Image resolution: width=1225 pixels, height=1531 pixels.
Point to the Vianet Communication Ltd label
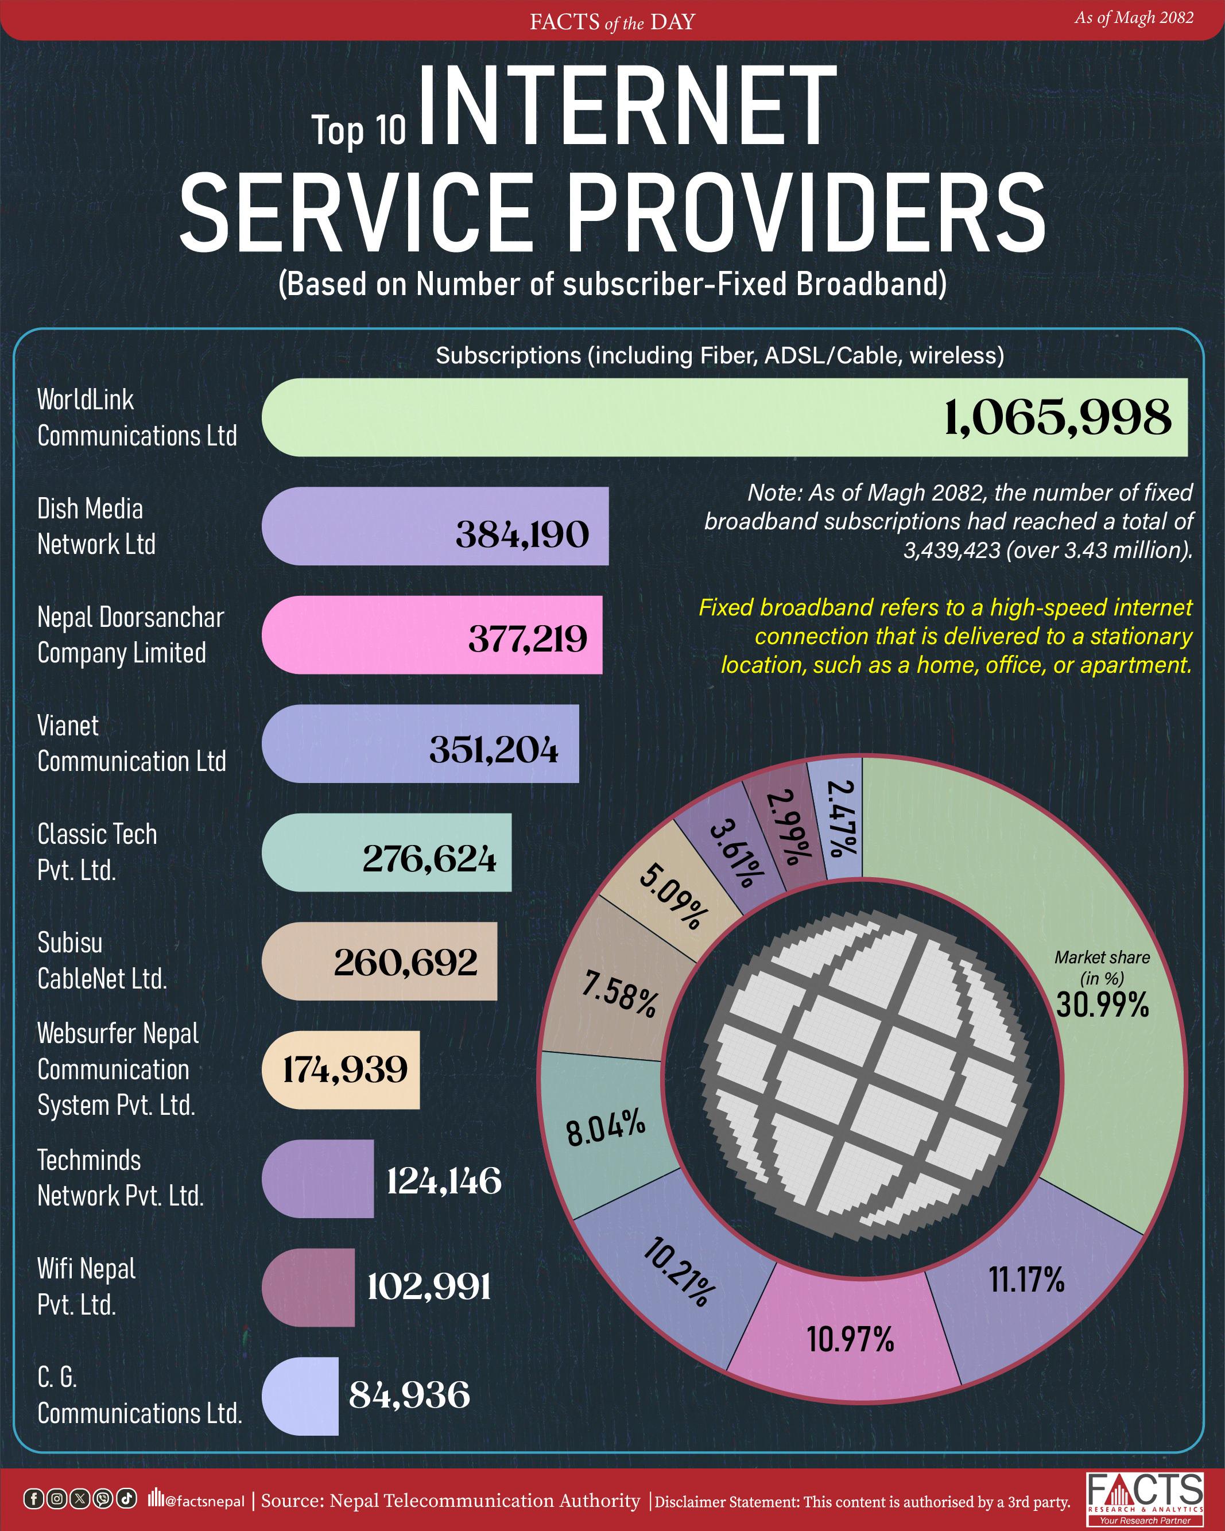[131, 743]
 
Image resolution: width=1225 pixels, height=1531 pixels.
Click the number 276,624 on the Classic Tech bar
[429, 859]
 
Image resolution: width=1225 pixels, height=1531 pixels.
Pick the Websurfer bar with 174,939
[342, 1069]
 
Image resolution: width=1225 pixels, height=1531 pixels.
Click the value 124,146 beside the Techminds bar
[444, 1181]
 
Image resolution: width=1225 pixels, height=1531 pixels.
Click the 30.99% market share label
[1102, 1005]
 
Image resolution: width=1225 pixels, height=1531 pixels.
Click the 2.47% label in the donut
[843, 818]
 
